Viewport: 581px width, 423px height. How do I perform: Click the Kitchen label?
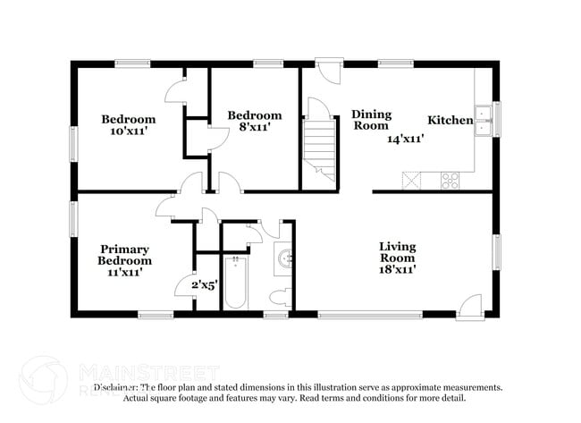(x=450, y=121)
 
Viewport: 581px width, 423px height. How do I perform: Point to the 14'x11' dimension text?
(x=405, y=139)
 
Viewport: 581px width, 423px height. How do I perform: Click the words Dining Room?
(x=370, y=120)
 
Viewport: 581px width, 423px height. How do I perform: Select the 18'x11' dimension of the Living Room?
(x=398, y=266)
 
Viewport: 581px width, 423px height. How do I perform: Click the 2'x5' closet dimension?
(x=204, y=285)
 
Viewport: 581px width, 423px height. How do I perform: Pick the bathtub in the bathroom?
(x=237, y=283)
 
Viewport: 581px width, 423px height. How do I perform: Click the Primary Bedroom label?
(x=124, y=255)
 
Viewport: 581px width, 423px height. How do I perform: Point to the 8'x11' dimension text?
(x=254, y=127)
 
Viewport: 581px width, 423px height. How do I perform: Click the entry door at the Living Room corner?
(x=470, y=307)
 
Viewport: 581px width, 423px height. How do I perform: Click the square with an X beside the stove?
(x=412, y=179)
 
